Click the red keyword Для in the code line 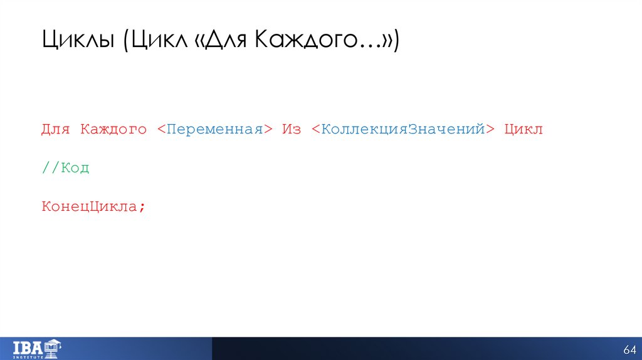56,130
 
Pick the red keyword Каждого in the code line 113,130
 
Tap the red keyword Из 292,130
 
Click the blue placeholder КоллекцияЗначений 403,130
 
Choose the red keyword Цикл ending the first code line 524,130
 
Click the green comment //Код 65,168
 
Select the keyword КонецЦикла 89,206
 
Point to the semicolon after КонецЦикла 142,207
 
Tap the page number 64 629,349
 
